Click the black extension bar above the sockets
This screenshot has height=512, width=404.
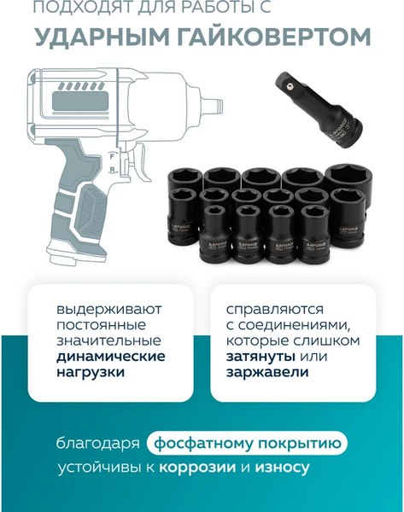pyautogui.click(x=318, y=108)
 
